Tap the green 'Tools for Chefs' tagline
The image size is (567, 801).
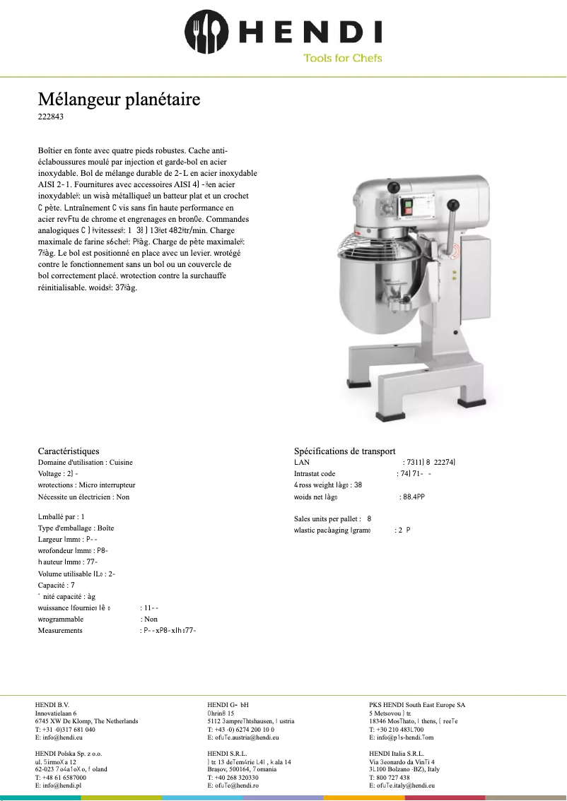click(342, 58)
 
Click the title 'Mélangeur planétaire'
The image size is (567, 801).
click(119, 100)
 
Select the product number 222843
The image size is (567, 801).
click(51, 117)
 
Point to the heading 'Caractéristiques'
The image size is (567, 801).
click(69, 451)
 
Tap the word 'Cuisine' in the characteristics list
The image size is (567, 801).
click(121, 463)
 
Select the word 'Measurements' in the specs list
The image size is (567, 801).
click(60, 630)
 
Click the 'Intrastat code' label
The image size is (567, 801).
click(315, 474)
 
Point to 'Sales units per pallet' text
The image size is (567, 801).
click(327, 518)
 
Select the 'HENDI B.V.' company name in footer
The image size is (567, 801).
click(52, 705)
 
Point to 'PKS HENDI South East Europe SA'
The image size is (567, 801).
click(417, 705)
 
